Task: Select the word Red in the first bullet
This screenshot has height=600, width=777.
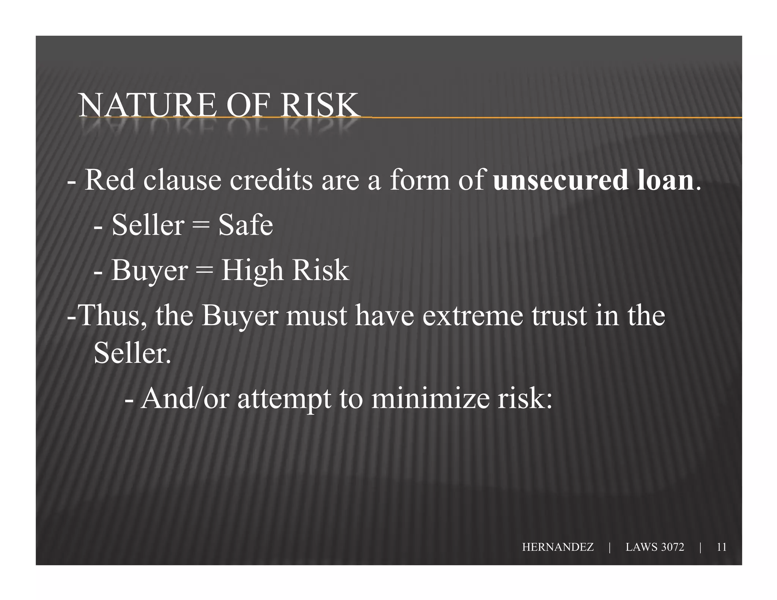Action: coord(110,180)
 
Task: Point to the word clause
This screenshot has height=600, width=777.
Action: coord(182,180)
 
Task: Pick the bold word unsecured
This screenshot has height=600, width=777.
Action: coord(560,180)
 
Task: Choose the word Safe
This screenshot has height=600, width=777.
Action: coord(245,225)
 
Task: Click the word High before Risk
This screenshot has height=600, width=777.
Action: coord(252,271)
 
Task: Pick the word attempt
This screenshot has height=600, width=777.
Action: coord(284,399)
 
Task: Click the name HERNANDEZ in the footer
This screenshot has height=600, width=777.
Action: coord(558,547)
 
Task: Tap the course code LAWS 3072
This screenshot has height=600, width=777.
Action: coord(655,547)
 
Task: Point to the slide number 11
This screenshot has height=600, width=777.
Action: coord(721,547)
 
